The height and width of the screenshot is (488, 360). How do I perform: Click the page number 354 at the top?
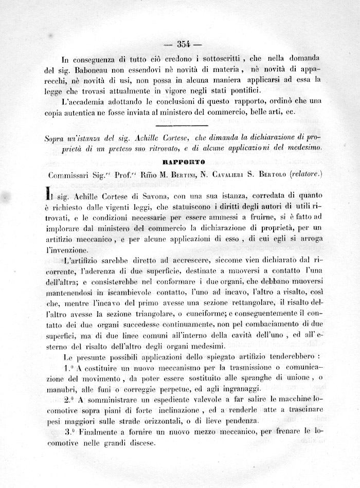click(x=184, y=44)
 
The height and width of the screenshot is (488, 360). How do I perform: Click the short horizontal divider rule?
click(x=181, y=125)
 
